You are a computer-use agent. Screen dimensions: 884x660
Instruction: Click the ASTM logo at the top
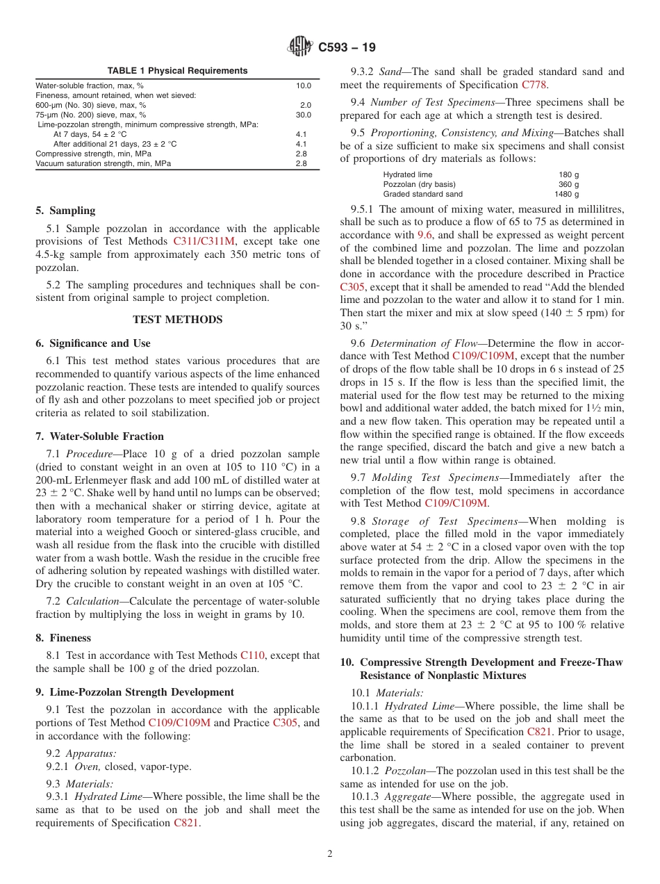[300, 47]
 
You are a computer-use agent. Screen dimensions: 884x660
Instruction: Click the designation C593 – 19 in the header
[347, 48]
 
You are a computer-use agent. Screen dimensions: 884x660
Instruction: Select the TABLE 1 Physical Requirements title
[177, 71]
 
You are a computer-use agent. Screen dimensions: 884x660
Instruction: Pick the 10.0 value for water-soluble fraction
[304, 85]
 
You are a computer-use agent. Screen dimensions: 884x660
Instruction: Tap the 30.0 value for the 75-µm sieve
[304, 115]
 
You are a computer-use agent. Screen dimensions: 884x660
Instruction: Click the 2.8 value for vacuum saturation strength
[301, 163]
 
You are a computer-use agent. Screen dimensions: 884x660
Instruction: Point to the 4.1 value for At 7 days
[301, 134]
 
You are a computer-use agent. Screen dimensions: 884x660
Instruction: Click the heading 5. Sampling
[65, 211]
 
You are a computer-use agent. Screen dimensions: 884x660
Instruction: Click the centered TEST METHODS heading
[177, 320]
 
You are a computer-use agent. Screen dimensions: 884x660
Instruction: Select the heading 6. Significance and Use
[92, 343]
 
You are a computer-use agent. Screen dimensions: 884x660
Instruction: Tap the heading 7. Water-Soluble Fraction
[99, 436]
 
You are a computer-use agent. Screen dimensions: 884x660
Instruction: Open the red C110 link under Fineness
[252, 655]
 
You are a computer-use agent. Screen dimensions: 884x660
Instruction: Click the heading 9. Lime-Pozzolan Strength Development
[135, 692]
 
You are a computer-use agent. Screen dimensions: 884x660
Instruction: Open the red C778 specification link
[534, 85]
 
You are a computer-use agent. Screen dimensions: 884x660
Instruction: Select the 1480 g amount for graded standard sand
[566, 194]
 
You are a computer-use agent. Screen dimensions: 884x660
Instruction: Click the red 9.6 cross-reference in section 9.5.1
[425, 235]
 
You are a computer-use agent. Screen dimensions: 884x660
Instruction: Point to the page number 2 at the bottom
[330, 854]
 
